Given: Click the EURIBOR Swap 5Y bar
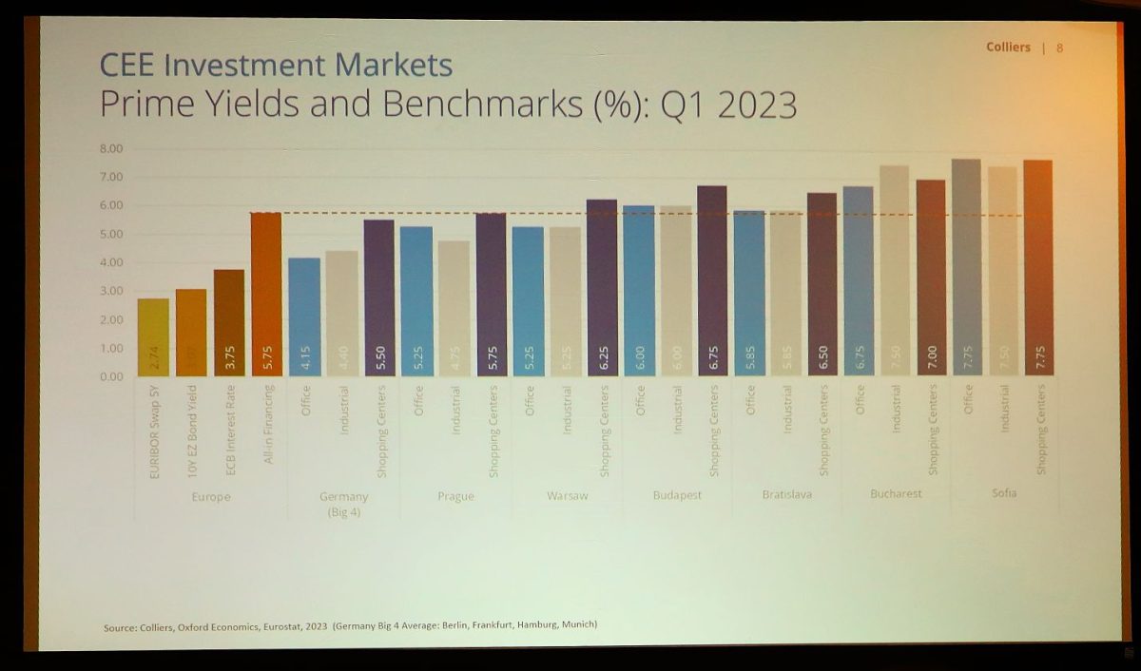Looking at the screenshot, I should tap(153, 338).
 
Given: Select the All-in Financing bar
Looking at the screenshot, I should tap(266, 295).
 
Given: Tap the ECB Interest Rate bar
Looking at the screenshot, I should tap(228, 323).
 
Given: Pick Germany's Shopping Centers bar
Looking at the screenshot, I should tap(379, 298).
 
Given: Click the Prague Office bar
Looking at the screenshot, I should tap(416, 301).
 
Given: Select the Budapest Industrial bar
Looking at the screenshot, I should tap(676, 291).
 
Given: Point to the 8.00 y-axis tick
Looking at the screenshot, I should tap(112, 148).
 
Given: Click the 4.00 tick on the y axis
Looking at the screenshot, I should tap(112, 262).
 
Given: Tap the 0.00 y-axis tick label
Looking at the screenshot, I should tap(112, 376).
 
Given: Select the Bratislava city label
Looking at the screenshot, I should tap(787, 494).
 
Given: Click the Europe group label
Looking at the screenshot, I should tap(210, 496).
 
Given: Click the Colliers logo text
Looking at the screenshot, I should tap(1008, 48).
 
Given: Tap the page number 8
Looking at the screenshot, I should tap(1060, 48).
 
